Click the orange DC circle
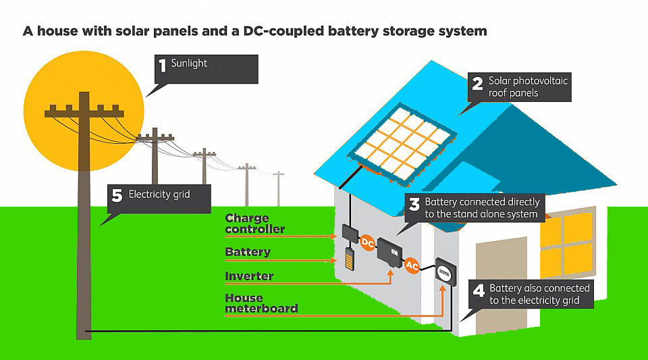pyautogui.click(x=368, y=242)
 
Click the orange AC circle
pyautogui.click(x=412, y=266)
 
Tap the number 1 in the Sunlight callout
pyautogui.click(x=162, y=66)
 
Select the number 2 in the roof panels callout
pyautogui.click(x=477, y=84)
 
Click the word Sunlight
pyautogui.click(x=189, y=63)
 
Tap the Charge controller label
pyautogui.click(x=254, y=224)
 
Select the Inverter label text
pyautogui.click(x=249, y=276)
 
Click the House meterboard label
pyautogui.click(x=261, y=303)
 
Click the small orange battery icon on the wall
pyautogui.click(x=349, y=259)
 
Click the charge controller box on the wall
pyautogui.click(x=350, y=233)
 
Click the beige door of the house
pyautogui.click(x=501, y=284)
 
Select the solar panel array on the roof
pyautogui.click(x=404, y=143)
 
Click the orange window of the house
pyautogui.click(x=566, y=243)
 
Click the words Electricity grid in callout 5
pyautogui.click(x=159, y=195)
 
